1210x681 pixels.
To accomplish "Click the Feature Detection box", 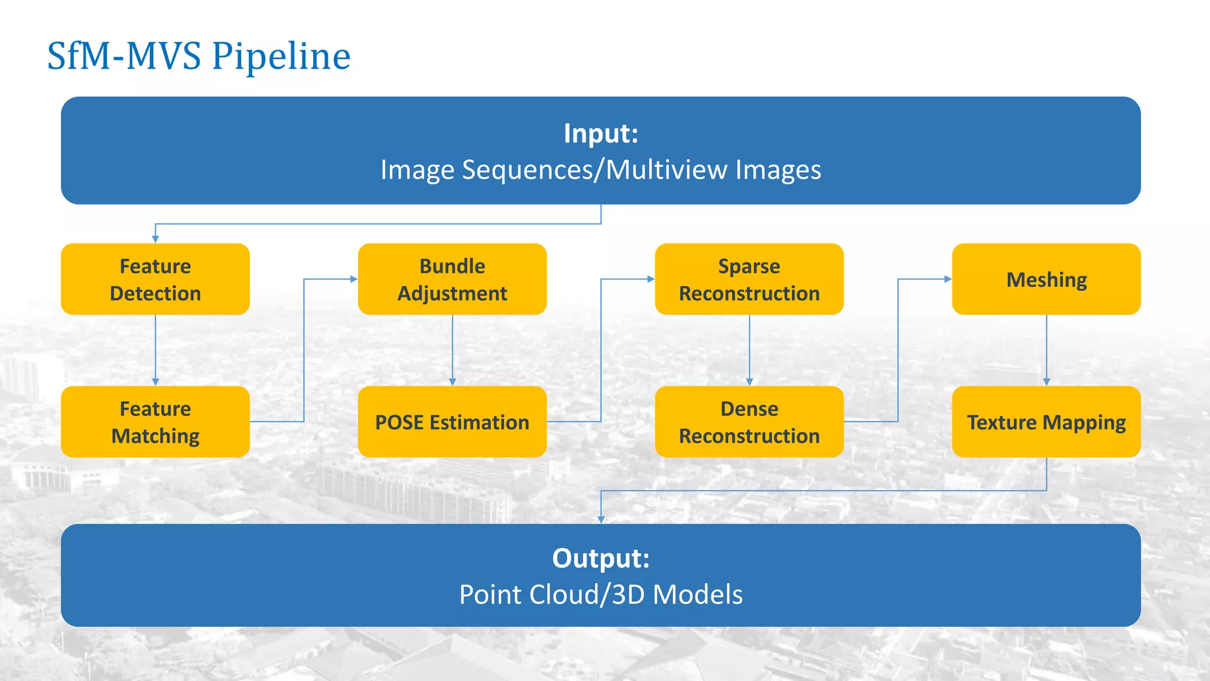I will (x=155, y=279).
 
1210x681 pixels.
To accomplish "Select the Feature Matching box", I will (x=155, y=421).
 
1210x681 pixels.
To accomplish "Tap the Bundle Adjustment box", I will (x=452, y=279).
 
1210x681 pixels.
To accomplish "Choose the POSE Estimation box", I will (x=452, y=421).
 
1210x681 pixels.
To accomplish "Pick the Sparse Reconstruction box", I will (x=749, y=279).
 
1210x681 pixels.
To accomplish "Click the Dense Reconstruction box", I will (x=749, y=421).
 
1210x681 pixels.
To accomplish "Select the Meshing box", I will (x=1046, y=279).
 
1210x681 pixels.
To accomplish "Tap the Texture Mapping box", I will (x=1046, y=421).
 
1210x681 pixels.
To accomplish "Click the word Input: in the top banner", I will (x=601, y=134).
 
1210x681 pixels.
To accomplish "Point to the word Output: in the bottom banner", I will (x=601, y=559).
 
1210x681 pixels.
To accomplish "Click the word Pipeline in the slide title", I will (x=281, y=57).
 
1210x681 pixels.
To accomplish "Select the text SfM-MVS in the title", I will (x=124, y=57).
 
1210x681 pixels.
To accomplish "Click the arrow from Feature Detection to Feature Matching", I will (x=155, y=350).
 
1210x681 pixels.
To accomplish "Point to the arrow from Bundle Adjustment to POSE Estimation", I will (x=453, y=350).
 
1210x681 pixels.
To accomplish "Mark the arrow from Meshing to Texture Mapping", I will (x=1046, y=350).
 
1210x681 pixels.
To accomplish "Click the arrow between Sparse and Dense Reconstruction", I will (x=749, y=350).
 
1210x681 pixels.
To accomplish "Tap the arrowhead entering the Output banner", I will (x=601, y=519).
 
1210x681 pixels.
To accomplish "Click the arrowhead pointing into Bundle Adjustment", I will (x=353, y=279).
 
